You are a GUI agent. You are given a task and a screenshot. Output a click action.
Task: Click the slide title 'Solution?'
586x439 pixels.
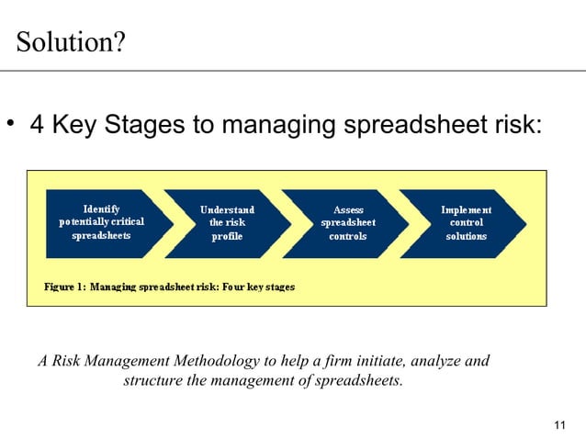pos(72,42)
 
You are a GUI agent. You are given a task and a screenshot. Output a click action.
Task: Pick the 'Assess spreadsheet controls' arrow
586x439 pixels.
pos(344,223)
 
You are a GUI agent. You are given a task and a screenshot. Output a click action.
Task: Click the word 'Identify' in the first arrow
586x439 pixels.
pos(101,208)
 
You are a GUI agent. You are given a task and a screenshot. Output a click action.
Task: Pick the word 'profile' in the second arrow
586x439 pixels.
pos(227,236)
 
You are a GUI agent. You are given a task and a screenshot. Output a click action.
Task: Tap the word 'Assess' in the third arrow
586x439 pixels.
pos(348,209)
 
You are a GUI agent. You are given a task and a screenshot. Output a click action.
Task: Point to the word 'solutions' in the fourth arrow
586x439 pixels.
pos(466,236)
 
